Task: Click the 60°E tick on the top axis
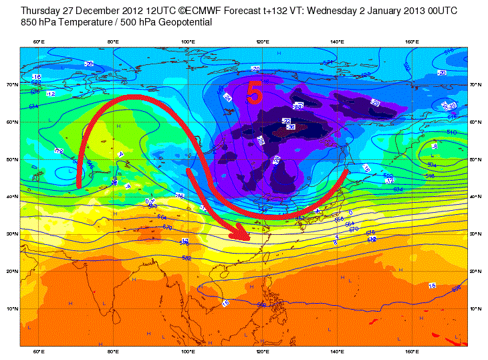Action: (x=39, y=42)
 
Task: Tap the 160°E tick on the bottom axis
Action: (x=412, y=351)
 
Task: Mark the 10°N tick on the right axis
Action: (x=475, y=308)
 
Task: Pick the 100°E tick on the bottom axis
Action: (x=189, y=351)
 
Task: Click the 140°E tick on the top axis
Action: (x=338, y=42)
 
